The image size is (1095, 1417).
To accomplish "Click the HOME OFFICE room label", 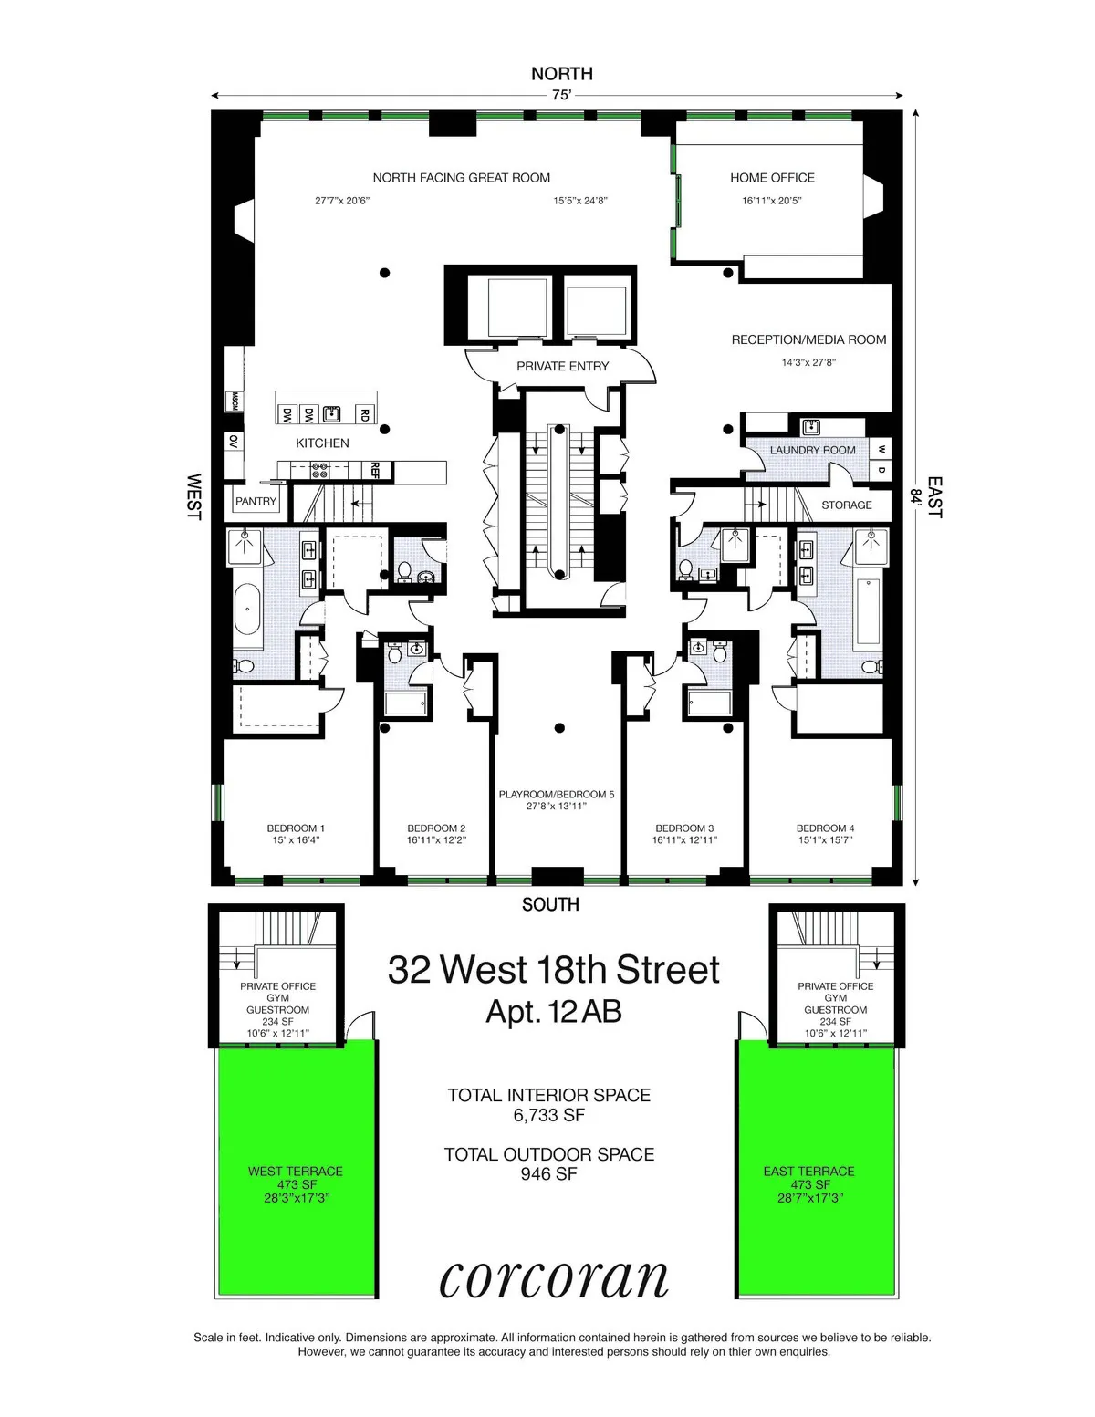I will click(x=772, y=178).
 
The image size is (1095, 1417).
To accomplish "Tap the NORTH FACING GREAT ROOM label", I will click(x=461, y=178).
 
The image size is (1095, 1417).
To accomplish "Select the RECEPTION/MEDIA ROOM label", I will click(x=808, y=339).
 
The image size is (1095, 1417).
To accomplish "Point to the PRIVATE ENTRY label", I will click(x=562, y=366).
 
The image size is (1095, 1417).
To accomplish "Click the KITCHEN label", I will click(x=322, y=443).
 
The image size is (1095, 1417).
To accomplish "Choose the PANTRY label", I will click(x=255, y=501).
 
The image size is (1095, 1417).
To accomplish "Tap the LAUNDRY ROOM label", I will click(x=812, y=450).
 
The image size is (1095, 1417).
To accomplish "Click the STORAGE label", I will click(x=846, y=505).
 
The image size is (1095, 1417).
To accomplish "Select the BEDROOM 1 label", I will click(x=296, y=828).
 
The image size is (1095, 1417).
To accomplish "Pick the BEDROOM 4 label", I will click(x=825, y=828).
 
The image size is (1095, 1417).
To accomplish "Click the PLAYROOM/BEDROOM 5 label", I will click(x=556, y=795).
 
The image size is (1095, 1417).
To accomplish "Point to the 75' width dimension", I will click(x=561, y=95).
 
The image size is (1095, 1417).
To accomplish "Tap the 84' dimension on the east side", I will click(x=914, y=496).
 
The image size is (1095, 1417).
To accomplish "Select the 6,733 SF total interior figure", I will click(x=548, y=1115).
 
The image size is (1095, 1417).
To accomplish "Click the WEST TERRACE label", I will click(x=296, y=1172).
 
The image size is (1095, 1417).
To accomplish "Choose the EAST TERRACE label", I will click(x=808, y=1172).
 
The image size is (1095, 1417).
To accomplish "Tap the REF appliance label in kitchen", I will click(x=374, y=470).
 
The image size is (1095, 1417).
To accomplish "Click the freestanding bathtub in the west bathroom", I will click(x=247, y=610).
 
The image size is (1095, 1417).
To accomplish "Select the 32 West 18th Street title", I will click(x=554, y=970).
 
